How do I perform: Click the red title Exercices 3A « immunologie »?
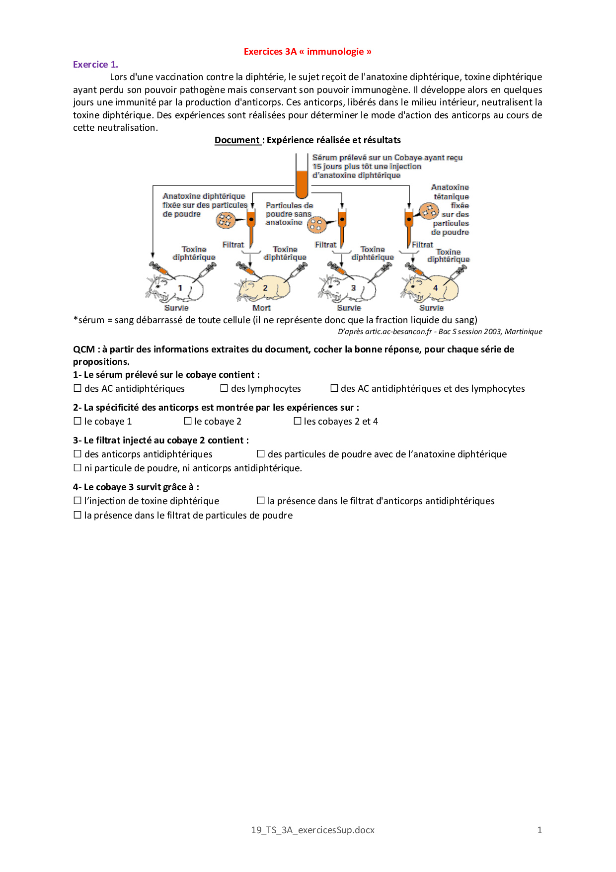click(308, 52)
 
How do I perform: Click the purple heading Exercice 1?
click(95, 65)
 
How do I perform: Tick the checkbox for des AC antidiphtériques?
click(77, 388)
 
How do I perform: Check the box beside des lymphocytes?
click(224, 388)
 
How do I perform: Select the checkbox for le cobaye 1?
click(77, 421)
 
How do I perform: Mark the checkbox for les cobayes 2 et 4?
click(298, 421)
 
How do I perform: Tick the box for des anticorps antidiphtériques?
click(77, 454)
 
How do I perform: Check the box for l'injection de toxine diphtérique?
click(77, 501)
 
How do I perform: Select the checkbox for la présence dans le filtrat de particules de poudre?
click(77, 515)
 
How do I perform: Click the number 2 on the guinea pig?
click(265, 288)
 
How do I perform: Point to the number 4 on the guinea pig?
click(435, 288)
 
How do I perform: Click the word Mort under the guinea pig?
click(262, 308)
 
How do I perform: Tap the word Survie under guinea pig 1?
click(176, 308)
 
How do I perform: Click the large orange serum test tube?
click(302, 179)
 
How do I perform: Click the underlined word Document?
click(237, 140)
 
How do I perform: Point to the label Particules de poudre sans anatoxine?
click(289, 214)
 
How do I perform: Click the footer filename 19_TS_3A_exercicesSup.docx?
click(312, 830)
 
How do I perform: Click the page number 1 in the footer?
click(539, 830)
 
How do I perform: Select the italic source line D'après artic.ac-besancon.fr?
click(440, 332)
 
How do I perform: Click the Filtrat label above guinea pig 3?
click(325, 245)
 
